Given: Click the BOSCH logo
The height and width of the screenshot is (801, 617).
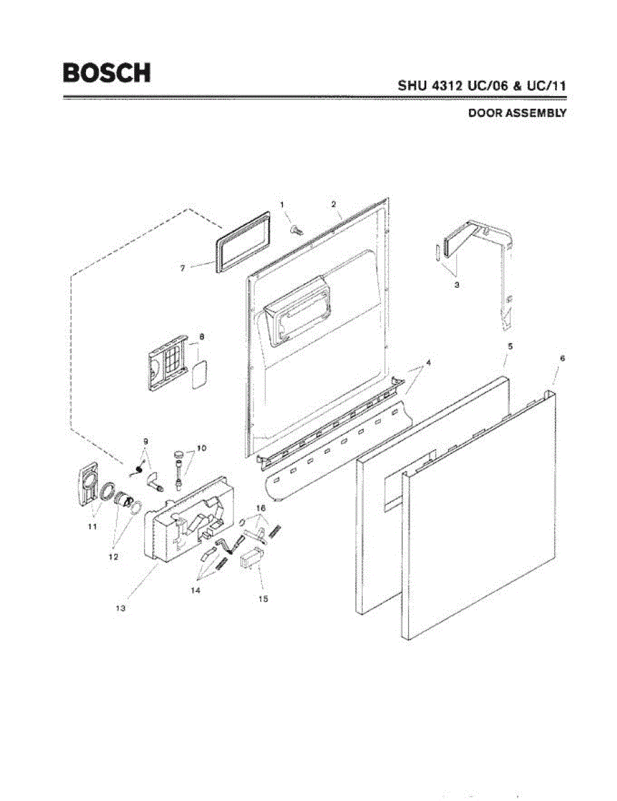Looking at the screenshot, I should click(107, 72).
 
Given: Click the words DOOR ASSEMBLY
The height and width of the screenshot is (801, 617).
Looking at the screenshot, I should click(517, 113).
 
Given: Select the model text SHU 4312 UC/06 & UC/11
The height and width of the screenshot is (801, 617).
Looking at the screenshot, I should click(482, 86).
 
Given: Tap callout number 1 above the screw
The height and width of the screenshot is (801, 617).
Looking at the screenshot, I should click(282, 204).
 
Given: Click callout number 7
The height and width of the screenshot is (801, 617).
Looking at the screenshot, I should click(182, 268).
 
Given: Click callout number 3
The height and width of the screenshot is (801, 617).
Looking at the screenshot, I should click(457, 284).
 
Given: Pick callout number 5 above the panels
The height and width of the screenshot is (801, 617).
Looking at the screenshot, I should click(510, 346).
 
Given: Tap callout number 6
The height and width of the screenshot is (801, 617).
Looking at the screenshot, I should click(562, 358).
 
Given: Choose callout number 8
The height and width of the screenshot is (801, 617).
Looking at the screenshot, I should click(201, 337).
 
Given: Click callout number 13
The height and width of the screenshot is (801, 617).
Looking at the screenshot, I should click(121, 609).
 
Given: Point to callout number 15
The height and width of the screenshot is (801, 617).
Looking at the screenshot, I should click(263, 599).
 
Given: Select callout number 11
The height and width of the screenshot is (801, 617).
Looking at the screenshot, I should click(93, 526).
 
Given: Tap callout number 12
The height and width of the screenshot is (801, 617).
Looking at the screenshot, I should click(113, 556).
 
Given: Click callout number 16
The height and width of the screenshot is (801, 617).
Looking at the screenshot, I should click(261, 509).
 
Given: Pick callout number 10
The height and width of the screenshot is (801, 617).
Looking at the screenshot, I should click(201, 447).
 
